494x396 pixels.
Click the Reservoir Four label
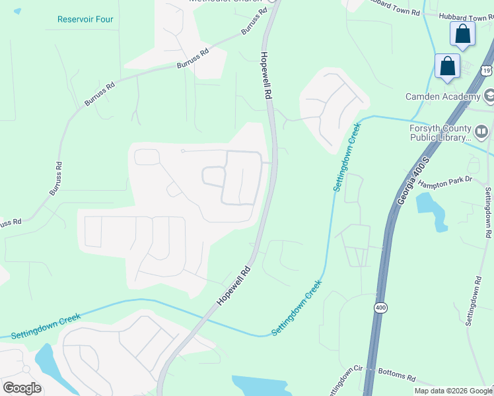(x=85, y=19)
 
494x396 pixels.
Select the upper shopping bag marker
(x=462, y=34)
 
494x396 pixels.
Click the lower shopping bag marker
(x=447, y=66)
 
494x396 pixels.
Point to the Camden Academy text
(x=442, y=97)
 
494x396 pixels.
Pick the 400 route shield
(x=382, y=308)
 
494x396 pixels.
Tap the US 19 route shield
(x=486, y=70)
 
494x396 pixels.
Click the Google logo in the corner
(x=22, y=387)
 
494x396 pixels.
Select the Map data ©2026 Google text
(x=453, y=391)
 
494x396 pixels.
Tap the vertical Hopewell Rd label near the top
(x=266, y=76)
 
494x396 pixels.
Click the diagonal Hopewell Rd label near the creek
(x=235, y=286)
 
